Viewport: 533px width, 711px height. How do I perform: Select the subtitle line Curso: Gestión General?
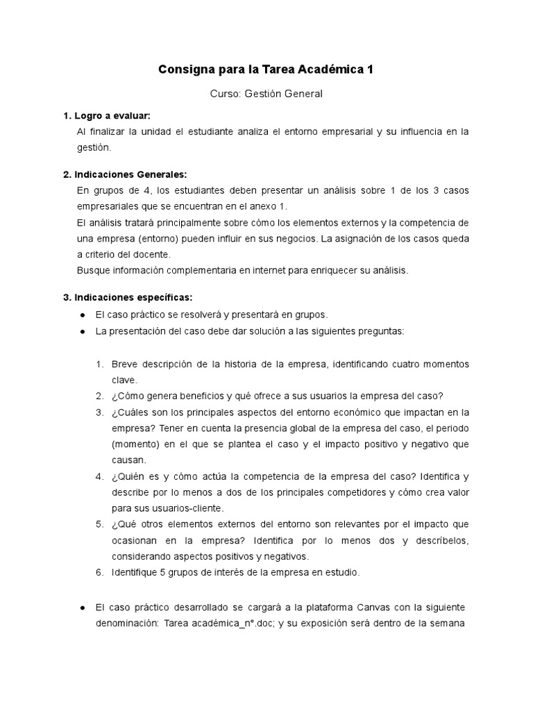(266, 94)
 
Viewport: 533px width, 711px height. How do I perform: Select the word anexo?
(255, 206)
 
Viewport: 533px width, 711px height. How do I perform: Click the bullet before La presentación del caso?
(83, 332)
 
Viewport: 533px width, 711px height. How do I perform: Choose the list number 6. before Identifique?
(100, 573)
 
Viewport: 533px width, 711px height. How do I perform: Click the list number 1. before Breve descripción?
(100, 365)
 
